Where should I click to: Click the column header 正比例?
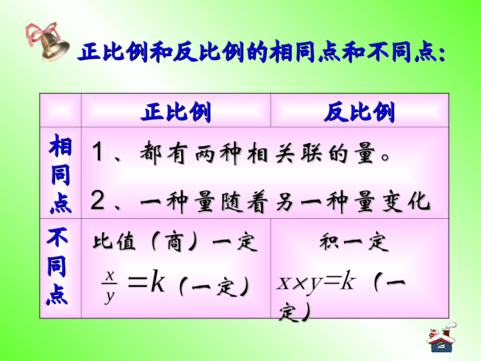point(176,112)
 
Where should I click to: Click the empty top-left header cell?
point(60,110)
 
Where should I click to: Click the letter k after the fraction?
point(157,284)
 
